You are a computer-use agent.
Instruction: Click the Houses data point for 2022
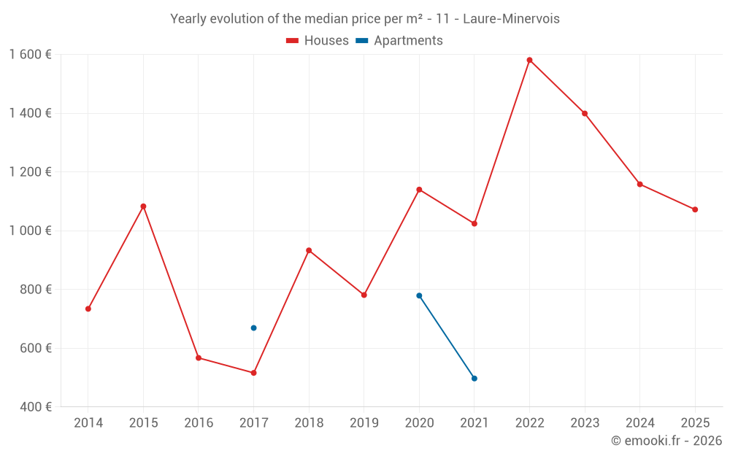click(529, 60)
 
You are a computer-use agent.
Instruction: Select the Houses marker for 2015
click(143, 206)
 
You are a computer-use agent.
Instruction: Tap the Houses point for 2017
click(253, 373)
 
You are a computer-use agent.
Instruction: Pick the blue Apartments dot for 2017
click(253, 328)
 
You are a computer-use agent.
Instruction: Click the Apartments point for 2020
click(419, 295)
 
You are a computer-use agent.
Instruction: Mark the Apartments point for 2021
click(474, 379)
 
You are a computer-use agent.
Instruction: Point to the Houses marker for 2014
click(88, 309)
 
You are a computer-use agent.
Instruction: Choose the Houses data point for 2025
click(695, 209)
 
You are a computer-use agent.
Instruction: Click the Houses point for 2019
click(364, 295)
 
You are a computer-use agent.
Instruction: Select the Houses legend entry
click(318, 41)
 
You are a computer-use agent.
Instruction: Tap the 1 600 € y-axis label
click(30, 55)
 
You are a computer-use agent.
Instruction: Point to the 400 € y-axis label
click(36, 406)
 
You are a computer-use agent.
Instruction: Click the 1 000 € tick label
click(30, 231)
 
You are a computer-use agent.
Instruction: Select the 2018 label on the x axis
click(309, 423)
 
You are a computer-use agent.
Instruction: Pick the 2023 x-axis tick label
click(585, 423)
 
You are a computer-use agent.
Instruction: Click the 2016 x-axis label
click(199, 423)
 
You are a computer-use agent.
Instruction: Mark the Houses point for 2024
click(639, 184)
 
